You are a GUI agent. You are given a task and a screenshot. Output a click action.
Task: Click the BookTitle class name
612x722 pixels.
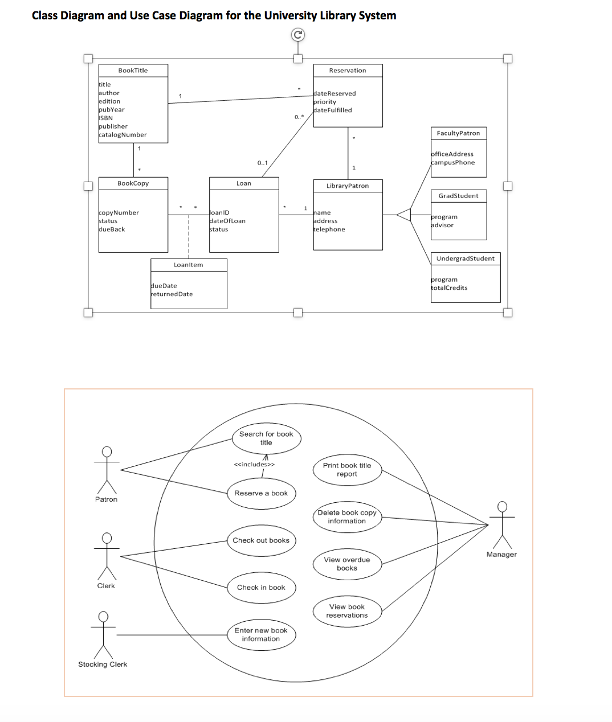133,71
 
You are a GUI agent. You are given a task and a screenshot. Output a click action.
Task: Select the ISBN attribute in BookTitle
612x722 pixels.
106,118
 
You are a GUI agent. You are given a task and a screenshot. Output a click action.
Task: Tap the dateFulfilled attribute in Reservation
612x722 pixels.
333,110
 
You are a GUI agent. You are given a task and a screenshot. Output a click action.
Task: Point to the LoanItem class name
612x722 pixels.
188,265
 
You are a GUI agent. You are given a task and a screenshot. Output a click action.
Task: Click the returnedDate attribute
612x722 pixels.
172,294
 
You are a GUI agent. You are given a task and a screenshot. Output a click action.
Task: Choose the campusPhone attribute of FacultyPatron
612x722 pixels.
453,162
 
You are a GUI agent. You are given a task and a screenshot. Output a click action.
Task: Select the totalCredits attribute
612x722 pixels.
450,288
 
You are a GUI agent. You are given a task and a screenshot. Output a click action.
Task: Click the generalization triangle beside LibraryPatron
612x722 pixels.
404,215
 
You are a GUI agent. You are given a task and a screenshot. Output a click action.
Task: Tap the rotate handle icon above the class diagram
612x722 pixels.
297,35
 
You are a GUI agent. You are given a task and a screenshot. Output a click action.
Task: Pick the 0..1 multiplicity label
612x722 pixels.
263,163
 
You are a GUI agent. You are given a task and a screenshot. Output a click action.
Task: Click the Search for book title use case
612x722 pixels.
266,438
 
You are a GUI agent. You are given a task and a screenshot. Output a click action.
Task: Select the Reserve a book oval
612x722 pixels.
261,493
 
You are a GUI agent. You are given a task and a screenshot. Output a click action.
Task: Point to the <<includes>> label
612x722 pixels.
254,465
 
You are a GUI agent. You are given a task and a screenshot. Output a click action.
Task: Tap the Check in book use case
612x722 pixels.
261,588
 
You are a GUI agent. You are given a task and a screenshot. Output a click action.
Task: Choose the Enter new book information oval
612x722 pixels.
261,634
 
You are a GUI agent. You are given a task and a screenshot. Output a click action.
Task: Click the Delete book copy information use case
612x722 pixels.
346,516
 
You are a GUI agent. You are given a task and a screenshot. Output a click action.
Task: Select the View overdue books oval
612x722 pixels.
346,564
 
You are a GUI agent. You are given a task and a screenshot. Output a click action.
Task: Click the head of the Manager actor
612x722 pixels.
501,506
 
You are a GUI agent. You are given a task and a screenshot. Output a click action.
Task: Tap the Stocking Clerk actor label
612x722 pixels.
103,664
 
